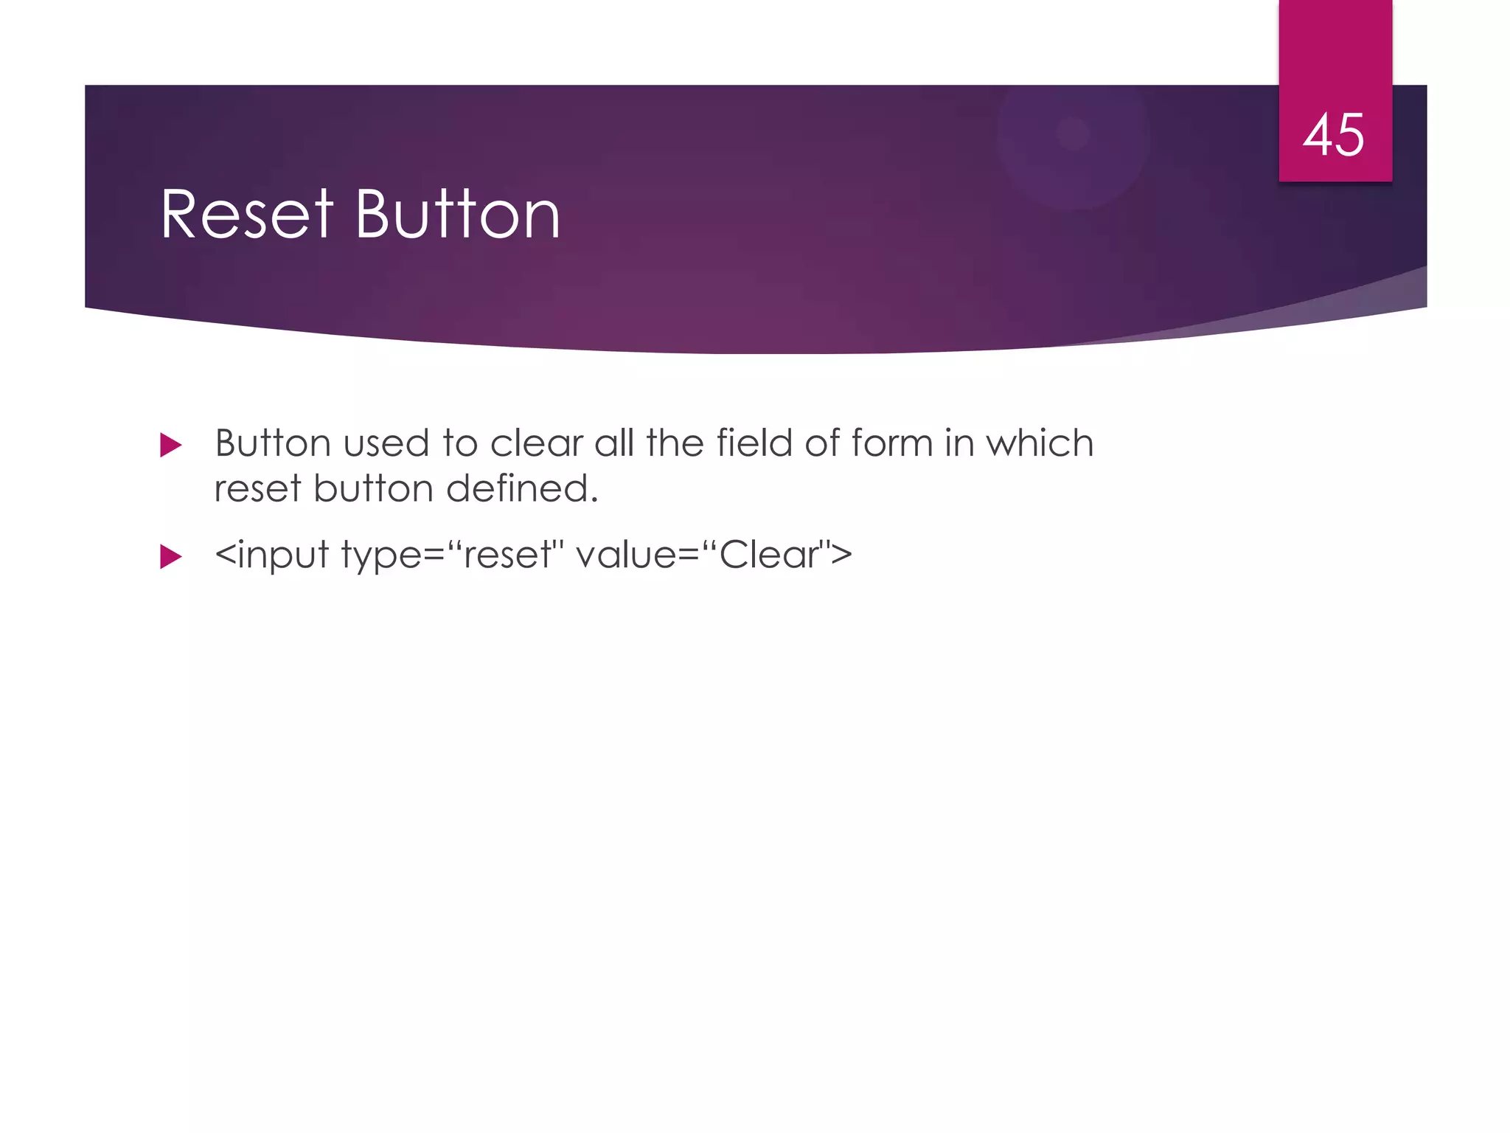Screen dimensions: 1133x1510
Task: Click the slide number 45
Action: (1334, 135)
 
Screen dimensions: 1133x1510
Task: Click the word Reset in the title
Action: (247, 215)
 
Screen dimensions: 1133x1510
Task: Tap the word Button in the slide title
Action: (457, 215)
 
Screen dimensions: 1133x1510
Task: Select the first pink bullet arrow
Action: (170, 445)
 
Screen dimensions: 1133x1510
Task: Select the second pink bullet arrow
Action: (170, 556)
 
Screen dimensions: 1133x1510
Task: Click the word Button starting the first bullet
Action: (273, 443)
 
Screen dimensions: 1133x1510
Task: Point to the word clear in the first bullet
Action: (536, 443)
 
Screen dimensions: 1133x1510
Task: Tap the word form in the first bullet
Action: (892, 443)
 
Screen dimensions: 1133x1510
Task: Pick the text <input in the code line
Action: (271, 555)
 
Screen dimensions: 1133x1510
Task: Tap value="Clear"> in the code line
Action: (714, 555)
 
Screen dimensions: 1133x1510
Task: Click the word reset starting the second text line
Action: (257, 488)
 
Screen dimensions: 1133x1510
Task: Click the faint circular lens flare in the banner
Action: (1073, 136)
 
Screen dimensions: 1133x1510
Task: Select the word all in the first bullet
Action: (614, 443)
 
